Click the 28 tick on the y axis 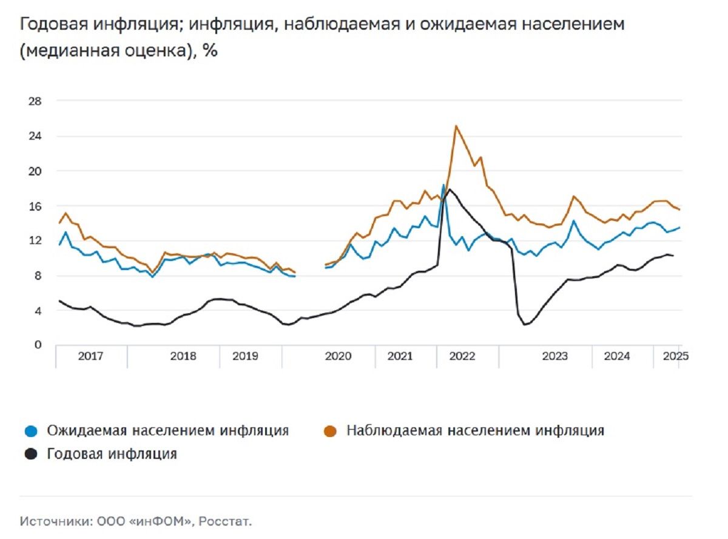[x=35, y=101]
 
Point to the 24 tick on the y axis [x=35, y=136]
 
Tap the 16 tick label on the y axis [x=35, y=206]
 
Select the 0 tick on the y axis [x=38, y=345]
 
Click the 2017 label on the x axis [x=90, y=356]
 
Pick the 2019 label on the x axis [x=249, y=356]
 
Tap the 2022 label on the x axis [x=462, y=356]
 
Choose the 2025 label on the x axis [x=675, y=356]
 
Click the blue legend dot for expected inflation [x=33, y=432]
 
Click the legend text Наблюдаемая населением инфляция [x=475, y=431]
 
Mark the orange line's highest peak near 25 [x=456, y=126]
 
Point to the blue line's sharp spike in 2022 [x=443, y=185]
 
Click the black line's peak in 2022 [x=450, y=189]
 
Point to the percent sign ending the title [x=210, y=51]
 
